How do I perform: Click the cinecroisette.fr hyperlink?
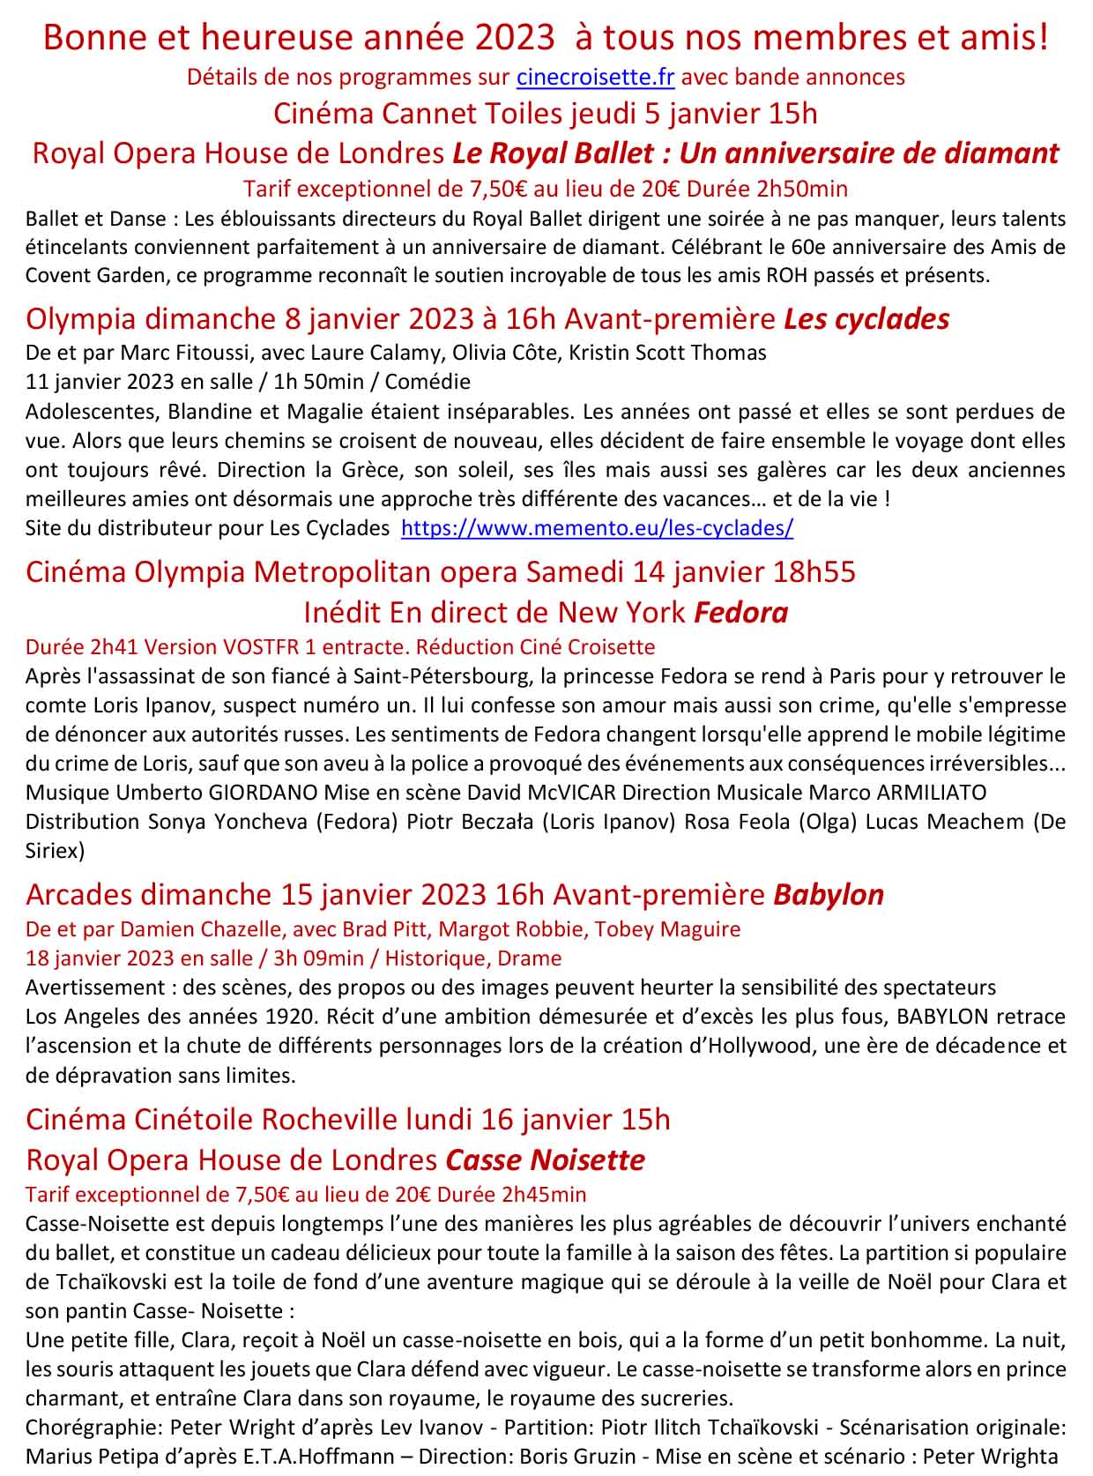[595, 77]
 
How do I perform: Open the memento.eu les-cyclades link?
[597, 528]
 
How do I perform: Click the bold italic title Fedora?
[741, 612]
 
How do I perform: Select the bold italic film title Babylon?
[829, 894]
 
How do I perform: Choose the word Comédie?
[427, 382]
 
